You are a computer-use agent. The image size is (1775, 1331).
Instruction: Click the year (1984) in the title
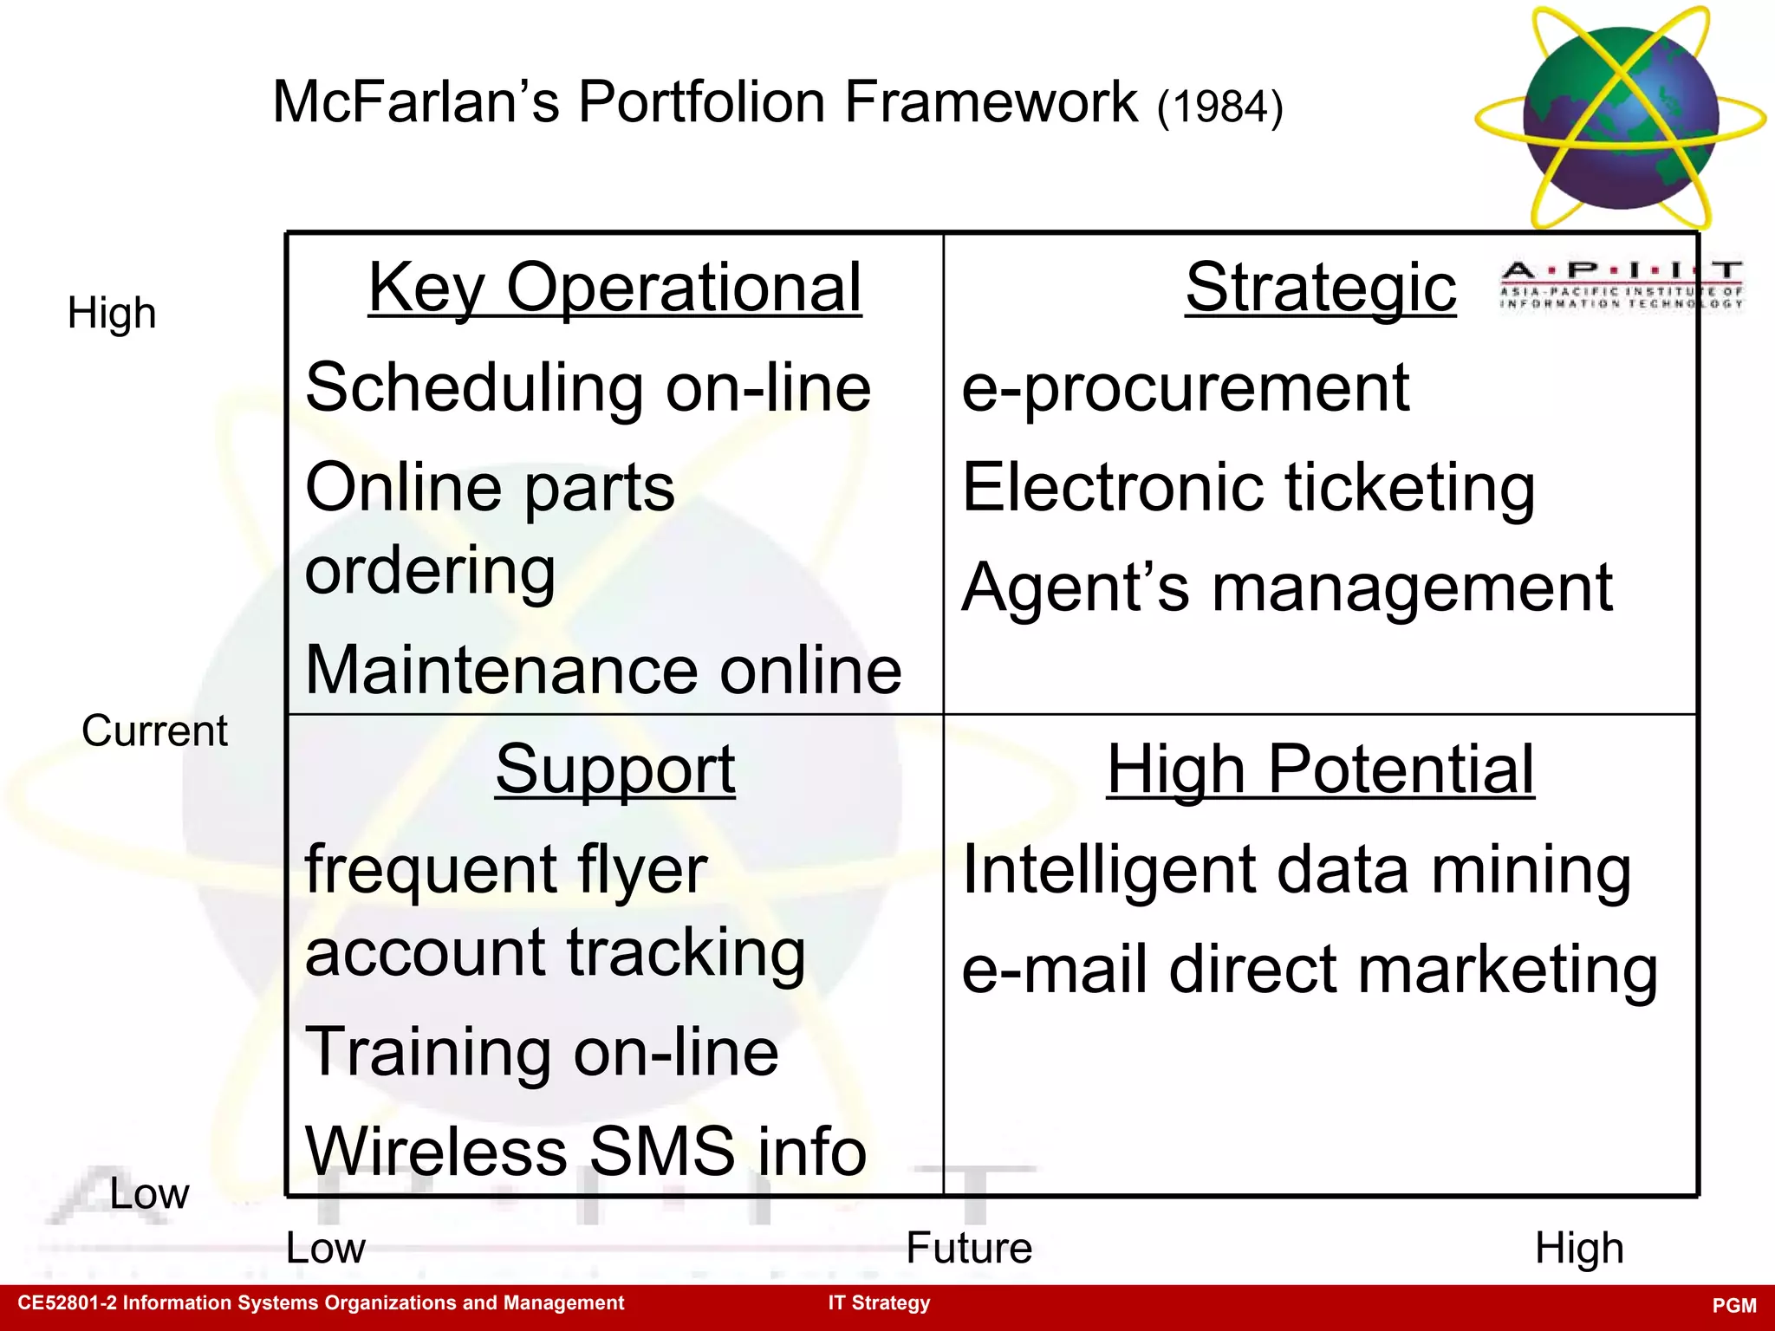click(1219, 107)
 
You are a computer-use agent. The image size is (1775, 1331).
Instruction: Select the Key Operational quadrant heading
click(614, 288)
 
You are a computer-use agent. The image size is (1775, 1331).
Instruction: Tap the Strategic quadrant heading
click(1320, 288)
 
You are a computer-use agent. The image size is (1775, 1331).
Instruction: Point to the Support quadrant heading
click(614, 769)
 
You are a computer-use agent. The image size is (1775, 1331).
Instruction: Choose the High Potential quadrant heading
click(1320, 769)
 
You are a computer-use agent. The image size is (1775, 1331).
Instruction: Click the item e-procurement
click(1185, 388)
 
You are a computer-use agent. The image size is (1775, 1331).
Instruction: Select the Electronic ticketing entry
click(1248, 488)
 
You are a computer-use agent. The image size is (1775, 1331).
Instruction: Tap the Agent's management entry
click(1287, 588)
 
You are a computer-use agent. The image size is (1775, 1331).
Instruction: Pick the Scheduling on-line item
click(588, 388)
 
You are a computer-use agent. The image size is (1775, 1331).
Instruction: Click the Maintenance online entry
click(603, 671)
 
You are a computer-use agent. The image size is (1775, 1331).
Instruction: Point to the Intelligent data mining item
click(1297, 870)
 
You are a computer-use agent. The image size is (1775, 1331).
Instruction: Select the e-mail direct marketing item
click(1310, 970)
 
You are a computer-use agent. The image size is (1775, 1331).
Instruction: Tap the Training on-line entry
click(542, 1053)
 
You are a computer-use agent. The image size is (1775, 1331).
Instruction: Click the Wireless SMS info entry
click(586, 1152)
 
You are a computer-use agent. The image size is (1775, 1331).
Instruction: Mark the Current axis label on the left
click(154, 731)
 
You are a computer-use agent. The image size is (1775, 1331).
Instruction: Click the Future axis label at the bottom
click(969, 1249)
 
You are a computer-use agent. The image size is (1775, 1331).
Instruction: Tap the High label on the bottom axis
click(1578, 1249)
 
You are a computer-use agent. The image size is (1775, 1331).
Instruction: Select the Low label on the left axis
click(149, 1194)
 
